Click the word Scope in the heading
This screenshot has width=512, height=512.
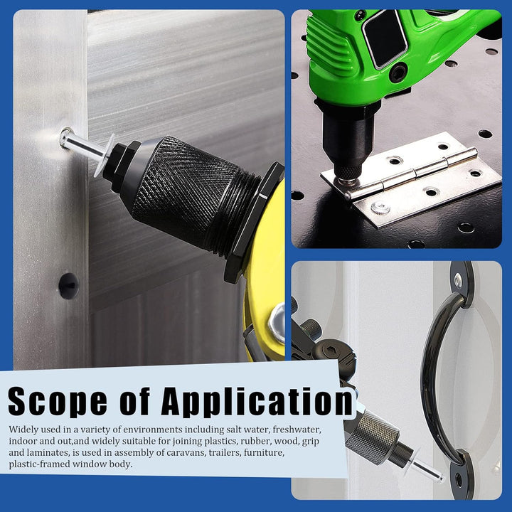pyautogui.click(x=58, y=402)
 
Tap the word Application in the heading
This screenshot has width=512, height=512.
pyautogui.click(x=257, y=402)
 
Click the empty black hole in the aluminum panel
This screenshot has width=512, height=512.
pyautogui.click(x=68, y=286)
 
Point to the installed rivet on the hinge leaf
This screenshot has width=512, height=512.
pyautogui.click(x=380, y=208)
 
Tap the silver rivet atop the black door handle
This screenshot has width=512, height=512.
pyautogui.click(x=458, y=280)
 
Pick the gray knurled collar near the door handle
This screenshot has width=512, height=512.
pyautogui.click(x=372, y=436)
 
